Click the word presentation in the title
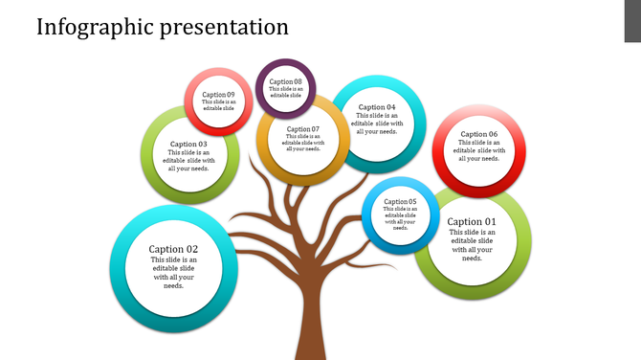point(216,27)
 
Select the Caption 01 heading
point(472,222)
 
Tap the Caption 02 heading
point(173,250)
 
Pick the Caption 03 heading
point(188,145)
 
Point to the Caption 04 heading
point(377,107)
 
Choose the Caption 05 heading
point(400,202)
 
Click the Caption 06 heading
point(479,135)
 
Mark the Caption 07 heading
point(302,129)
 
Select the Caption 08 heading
point(285,82)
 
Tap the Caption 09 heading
point(217,95)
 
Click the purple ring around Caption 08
point(285,64)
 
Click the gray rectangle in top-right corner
point(632,21)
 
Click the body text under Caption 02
point(173,273)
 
